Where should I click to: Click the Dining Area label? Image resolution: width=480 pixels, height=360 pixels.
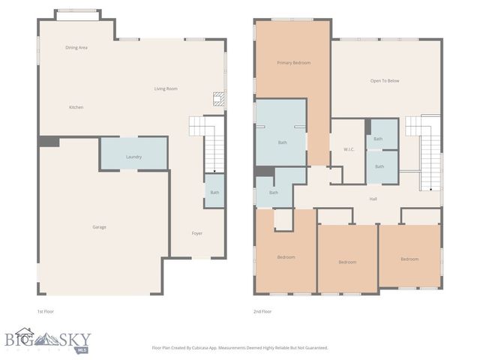point(76,47)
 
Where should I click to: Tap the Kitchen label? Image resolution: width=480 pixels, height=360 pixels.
point(76,107)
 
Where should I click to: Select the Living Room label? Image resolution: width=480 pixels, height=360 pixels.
point(166,88)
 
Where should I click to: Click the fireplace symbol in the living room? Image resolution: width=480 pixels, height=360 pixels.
point(217,97)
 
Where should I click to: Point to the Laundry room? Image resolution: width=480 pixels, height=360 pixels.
point(133,157)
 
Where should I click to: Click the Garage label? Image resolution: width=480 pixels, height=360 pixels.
point(99,227)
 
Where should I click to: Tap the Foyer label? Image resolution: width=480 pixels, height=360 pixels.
point(196,233)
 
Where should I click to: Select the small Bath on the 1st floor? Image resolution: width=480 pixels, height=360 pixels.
point(214,193)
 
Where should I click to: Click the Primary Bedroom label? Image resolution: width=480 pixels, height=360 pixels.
point(292,63)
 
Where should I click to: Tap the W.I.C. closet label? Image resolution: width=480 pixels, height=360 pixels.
point(349,149)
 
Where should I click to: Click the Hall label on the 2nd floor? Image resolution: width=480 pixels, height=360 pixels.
point(373,199)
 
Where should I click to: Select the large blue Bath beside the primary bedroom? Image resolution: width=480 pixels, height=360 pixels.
point(282,142)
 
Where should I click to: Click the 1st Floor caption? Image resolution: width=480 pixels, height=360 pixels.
point(45,311)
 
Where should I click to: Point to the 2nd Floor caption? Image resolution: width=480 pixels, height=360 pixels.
point(262,311)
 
